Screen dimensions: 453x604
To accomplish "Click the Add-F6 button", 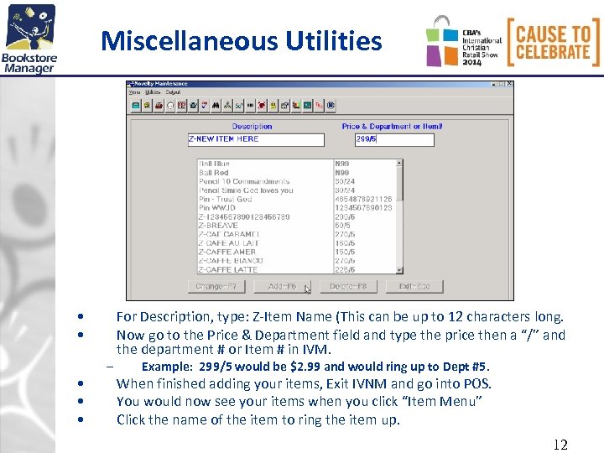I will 283,287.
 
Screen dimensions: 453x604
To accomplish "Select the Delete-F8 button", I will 348,287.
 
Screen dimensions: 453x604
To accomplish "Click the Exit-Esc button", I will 414,287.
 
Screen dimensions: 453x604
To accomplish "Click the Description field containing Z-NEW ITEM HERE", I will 255,139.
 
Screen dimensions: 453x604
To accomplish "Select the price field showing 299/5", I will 382,139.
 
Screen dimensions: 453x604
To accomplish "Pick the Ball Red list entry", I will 214,172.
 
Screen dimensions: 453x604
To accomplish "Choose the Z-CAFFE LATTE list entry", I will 227,270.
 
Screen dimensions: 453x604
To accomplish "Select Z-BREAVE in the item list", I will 218,226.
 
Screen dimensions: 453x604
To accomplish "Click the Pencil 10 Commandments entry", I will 244,181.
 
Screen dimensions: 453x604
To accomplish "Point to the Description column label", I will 252,127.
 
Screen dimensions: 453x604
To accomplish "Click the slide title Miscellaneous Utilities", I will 241,40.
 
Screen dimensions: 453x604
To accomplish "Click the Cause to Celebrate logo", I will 554,42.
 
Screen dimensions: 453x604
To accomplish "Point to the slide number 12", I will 560,444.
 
